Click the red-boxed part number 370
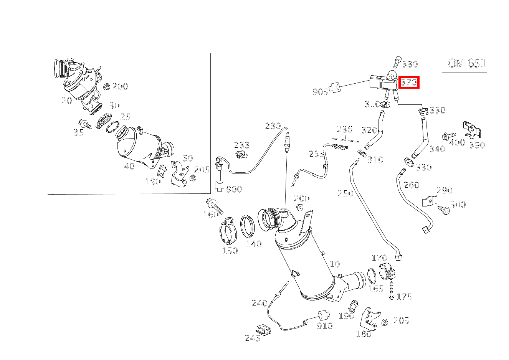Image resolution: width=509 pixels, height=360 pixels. [409, 82]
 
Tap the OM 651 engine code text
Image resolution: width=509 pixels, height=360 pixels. [467, 63]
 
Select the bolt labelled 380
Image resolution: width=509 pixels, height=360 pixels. [397, 61]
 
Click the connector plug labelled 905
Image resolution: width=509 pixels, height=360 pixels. [335, 88]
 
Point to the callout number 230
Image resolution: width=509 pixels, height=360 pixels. [273, 126]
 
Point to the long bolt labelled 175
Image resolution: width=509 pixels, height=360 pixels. [391, 291]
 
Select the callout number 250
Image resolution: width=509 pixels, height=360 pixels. [345, 193]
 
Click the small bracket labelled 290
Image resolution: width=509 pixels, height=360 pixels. [430, 201]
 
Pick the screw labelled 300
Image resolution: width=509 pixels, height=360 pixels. [444, 210]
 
